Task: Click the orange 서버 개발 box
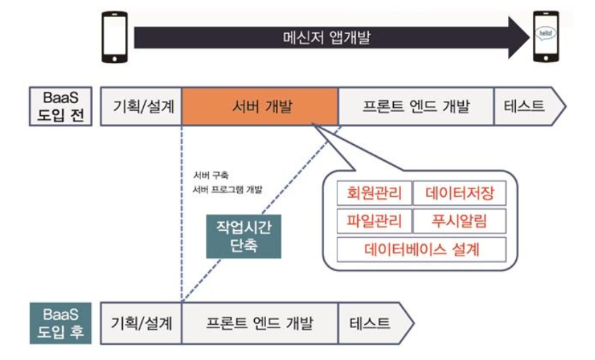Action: pos(260,107)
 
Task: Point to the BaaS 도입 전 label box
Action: pos(60,107)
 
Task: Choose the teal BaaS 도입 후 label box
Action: pos(60,323)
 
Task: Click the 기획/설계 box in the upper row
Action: pos(143,107)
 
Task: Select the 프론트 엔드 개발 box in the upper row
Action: pos(415,107)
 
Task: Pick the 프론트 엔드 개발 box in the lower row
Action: pos(259,323)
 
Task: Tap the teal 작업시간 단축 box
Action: pos(244,236)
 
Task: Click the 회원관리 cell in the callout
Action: pos(373,193)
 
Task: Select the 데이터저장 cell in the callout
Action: pos(459,193)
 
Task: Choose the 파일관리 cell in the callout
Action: pos(373,221)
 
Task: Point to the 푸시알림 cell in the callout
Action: pos(459,221)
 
